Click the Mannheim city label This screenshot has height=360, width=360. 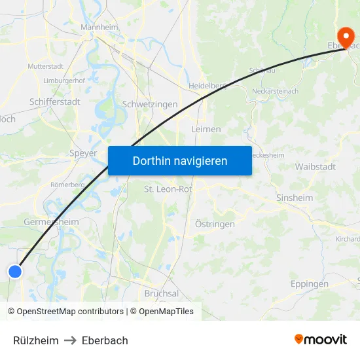point(99,27)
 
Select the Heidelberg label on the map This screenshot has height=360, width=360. point(207,86)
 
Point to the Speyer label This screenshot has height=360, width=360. point(82,153)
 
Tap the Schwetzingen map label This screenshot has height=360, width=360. point(150,104)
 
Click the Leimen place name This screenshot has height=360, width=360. point(206,129)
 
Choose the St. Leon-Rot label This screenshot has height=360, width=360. point(168,189)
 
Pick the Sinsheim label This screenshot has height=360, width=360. point(294,197)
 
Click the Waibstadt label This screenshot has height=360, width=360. point(315,167)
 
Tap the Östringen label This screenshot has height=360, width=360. point(215,225)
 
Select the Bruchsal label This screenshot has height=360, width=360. point(161,293)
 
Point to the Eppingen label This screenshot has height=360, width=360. point(310,284)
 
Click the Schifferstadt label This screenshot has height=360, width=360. point(55,101)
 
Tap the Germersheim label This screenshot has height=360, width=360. point(51,222)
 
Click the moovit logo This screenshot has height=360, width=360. point(320,339)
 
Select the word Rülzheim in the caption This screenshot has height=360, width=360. point(36,340)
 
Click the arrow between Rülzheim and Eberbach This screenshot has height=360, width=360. point(70,340)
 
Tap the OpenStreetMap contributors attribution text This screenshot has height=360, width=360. point(70,312)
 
